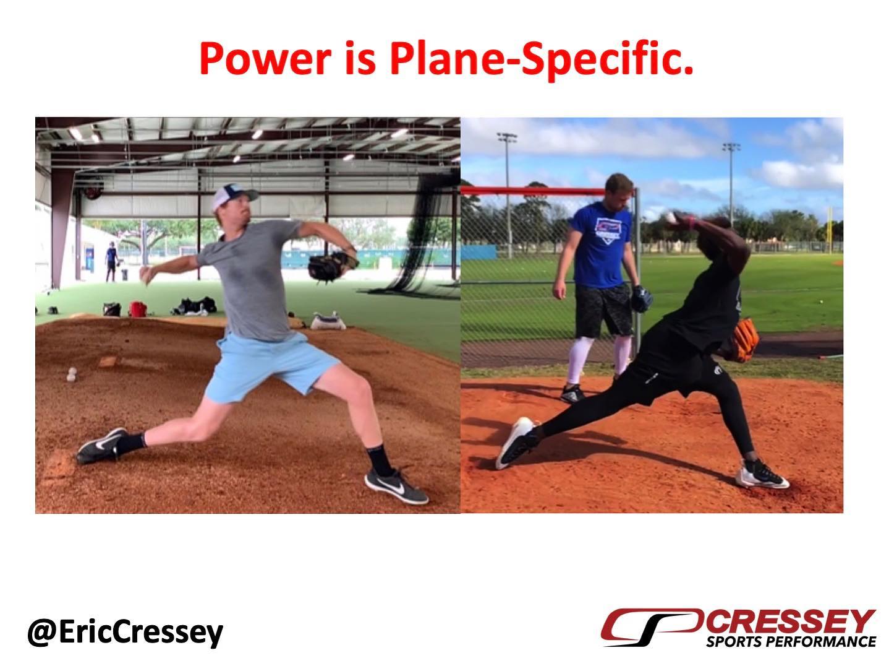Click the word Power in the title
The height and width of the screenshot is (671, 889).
[265, 59]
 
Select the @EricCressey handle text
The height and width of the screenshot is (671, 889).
[125, 633]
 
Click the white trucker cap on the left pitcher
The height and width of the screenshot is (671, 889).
[234, 196]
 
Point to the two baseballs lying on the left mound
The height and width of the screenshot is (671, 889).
[72, 374]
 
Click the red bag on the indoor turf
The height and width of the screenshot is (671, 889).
[138, 309]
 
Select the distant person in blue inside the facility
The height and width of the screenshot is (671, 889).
[112, 261]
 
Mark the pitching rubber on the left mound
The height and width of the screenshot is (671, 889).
[107, 361]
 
